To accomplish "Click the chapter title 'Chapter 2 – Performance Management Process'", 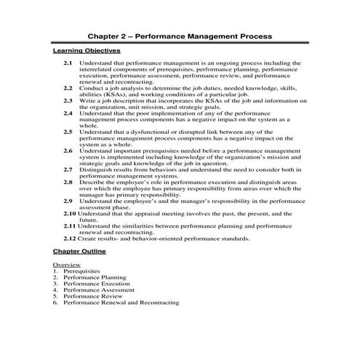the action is pyautogui.click(x=180, y=35).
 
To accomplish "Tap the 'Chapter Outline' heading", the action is pyautogui.click(x=79, y=251).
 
